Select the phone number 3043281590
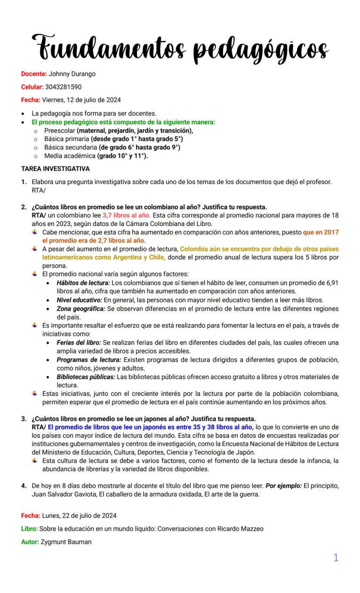coord(63,87)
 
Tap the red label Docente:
coord(34,74)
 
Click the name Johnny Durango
coord(72,74)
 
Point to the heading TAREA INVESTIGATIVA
coord(55,169)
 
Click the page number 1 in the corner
coord(336,558)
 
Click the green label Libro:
coord(29,529)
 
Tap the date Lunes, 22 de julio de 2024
coord(79,516)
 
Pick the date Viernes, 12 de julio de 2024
coord(81,100)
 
